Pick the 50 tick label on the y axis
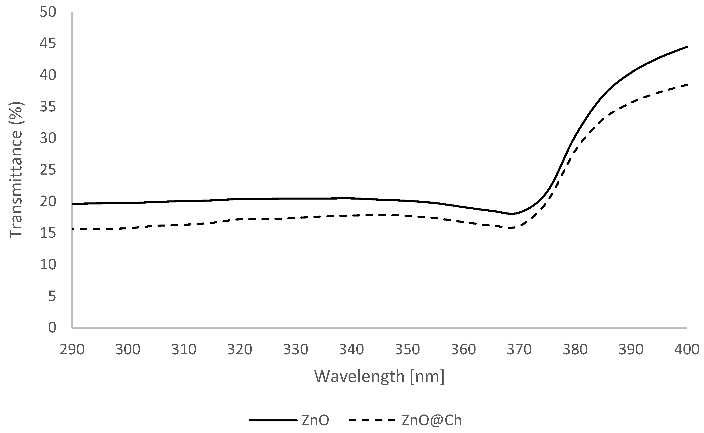pyautogui.click(x=48, y=13)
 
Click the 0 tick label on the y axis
pyautogui.click(x=52, y=327)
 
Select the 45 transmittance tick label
pyautogui.click(x=48, y=44)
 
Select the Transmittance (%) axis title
pyautogui.click(x=16, y=170)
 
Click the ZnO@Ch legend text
pyautogui.click(x=432, y=420)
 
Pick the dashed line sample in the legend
pyautogui.click(x=373, y=420)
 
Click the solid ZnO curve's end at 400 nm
pyautogui.click(x=687, y=47)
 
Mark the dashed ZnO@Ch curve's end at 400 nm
pyautogui.click(x=687, y=85)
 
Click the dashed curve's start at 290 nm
pyautogui.click(x=73, y=229)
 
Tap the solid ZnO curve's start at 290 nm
pyautogui.click(x=73, y=204)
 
